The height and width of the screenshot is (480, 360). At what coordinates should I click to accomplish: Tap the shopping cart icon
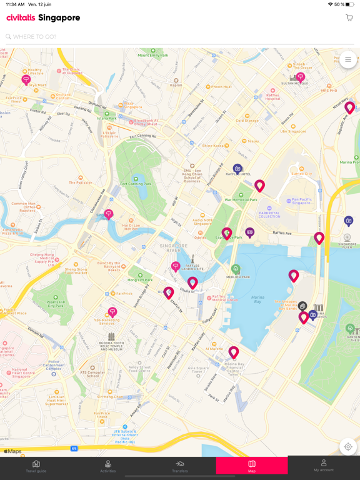(x=349, y=18)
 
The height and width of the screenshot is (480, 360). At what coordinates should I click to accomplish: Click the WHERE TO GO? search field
(x=175, y=37)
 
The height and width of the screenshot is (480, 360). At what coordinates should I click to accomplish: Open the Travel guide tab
(x=36, y=466)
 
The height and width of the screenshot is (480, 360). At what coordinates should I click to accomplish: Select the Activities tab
(x=108, y=466)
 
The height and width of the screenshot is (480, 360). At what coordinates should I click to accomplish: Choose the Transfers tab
(x=180, y=466)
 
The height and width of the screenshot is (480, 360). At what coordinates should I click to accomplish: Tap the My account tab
(x=323, y=466)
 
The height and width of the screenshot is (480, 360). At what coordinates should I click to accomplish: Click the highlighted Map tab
(x=252, y=466)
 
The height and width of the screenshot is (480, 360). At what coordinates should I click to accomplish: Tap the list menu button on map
(x=348, y=60)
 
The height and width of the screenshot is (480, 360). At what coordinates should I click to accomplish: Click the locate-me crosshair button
(x=348, y=447)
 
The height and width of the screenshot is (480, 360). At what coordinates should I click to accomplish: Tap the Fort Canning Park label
(x=136, y=183)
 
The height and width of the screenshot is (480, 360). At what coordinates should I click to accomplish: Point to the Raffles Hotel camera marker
(x=237, y=169)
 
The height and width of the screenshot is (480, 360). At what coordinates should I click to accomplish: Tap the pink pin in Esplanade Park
(x=227, y=233)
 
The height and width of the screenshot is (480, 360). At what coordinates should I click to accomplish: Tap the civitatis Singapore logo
(x=43, y=18)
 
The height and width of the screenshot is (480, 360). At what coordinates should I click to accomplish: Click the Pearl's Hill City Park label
(x=56, y=302)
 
